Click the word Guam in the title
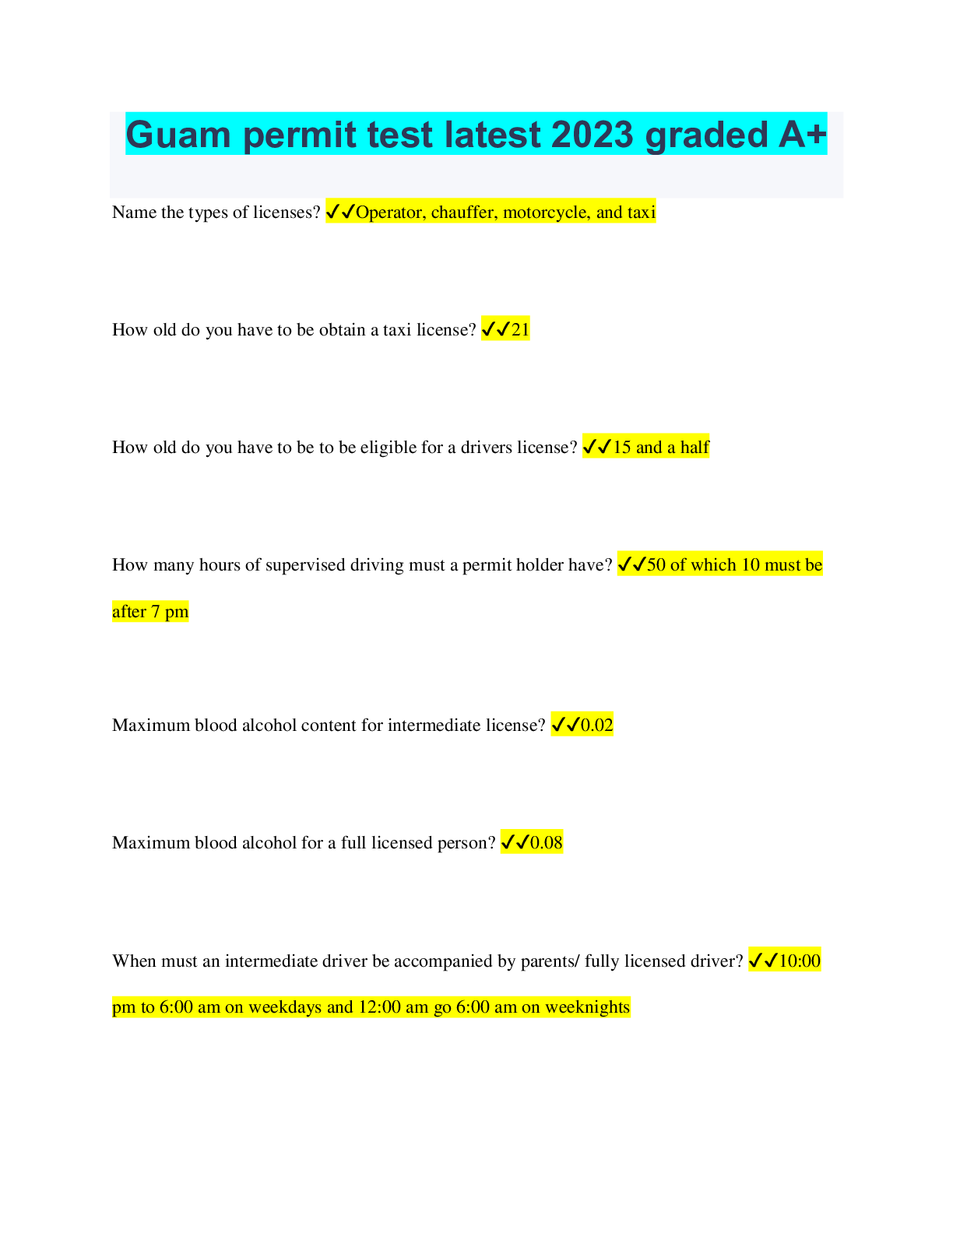[178, 135]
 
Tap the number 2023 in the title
[592, 135]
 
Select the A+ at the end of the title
[802, 135]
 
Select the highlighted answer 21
[520, 330]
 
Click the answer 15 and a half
[661, 447]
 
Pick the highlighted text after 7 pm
[150, 612]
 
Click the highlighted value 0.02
[596, 725]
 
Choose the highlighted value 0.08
[546, 842]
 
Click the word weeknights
[587, 1007]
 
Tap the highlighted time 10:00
[800, 961]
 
